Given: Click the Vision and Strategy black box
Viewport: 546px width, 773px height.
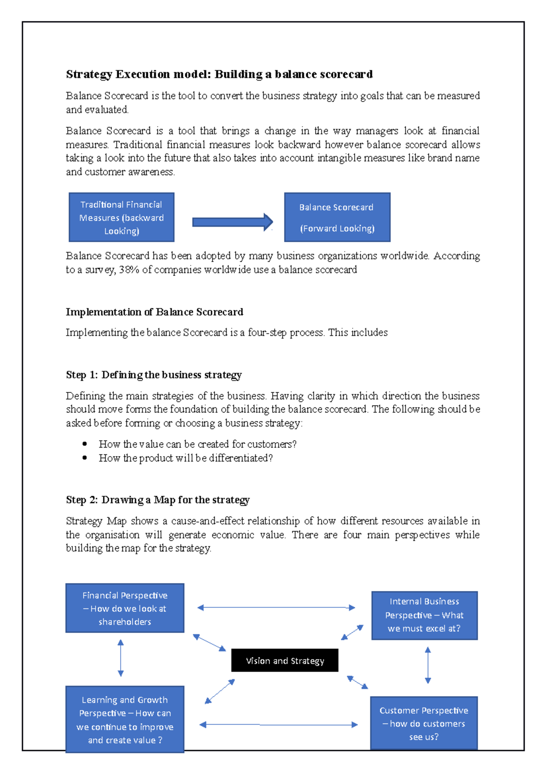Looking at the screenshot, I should (x=284, y=660).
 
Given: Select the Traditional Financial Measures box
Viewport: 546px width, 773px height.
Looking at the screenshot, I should (x=121, y=217).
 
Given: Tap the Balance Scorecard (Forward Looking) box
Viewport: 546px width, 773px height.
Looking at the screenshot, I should (x=337, y=217).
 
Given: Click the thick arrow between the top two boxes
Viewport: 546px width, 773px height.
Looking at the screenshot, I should (x=232, y=222).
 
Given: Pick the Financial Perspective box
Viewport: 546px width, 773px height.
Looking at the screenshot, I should (x=125, y=608).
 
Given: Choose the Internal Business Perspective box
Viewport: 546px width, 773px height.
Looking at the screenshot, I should (x=424, y=615).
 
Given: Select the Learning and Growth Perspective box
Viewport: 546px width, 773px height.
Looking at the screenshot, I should (x=125, y=719).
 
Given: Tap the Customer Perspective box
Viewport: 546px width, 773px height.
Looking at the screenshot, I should (x=424, y=723).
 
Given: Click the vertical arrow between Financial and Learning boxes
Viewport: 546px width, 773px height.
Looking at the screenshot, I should (x=121, y=658).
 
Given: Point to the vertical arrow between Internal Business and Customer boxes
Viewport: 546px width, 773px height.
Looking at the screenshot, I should (x=428, y=665).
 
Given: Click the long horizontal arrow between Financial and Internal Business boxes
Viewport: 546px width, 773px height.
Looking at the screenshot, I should (x=276, y=607).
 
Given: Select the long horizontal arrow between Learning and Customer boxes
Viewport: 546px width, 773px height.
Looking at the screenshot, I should (x=278, y=724).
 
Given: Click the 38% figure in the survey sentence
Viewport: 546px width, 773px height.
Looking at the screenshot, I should (x=129, y=270).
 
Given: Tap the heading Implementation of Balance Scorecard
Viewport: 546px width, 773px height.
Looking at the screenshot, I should (x=154, y=312).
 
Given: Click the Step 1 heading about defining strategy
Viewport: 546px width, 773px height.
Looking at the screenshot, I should (x=153, y=375).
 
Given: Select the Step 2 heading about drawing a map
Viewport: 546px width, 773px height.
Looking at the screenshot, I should (x=157, y=499).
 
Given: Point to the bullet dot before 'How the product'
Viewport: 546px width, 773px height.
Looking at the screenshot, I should (x=85, y=458).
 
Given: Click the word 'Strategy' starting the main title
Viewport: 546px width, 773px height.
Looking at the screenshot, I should (x=89, y=74).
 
